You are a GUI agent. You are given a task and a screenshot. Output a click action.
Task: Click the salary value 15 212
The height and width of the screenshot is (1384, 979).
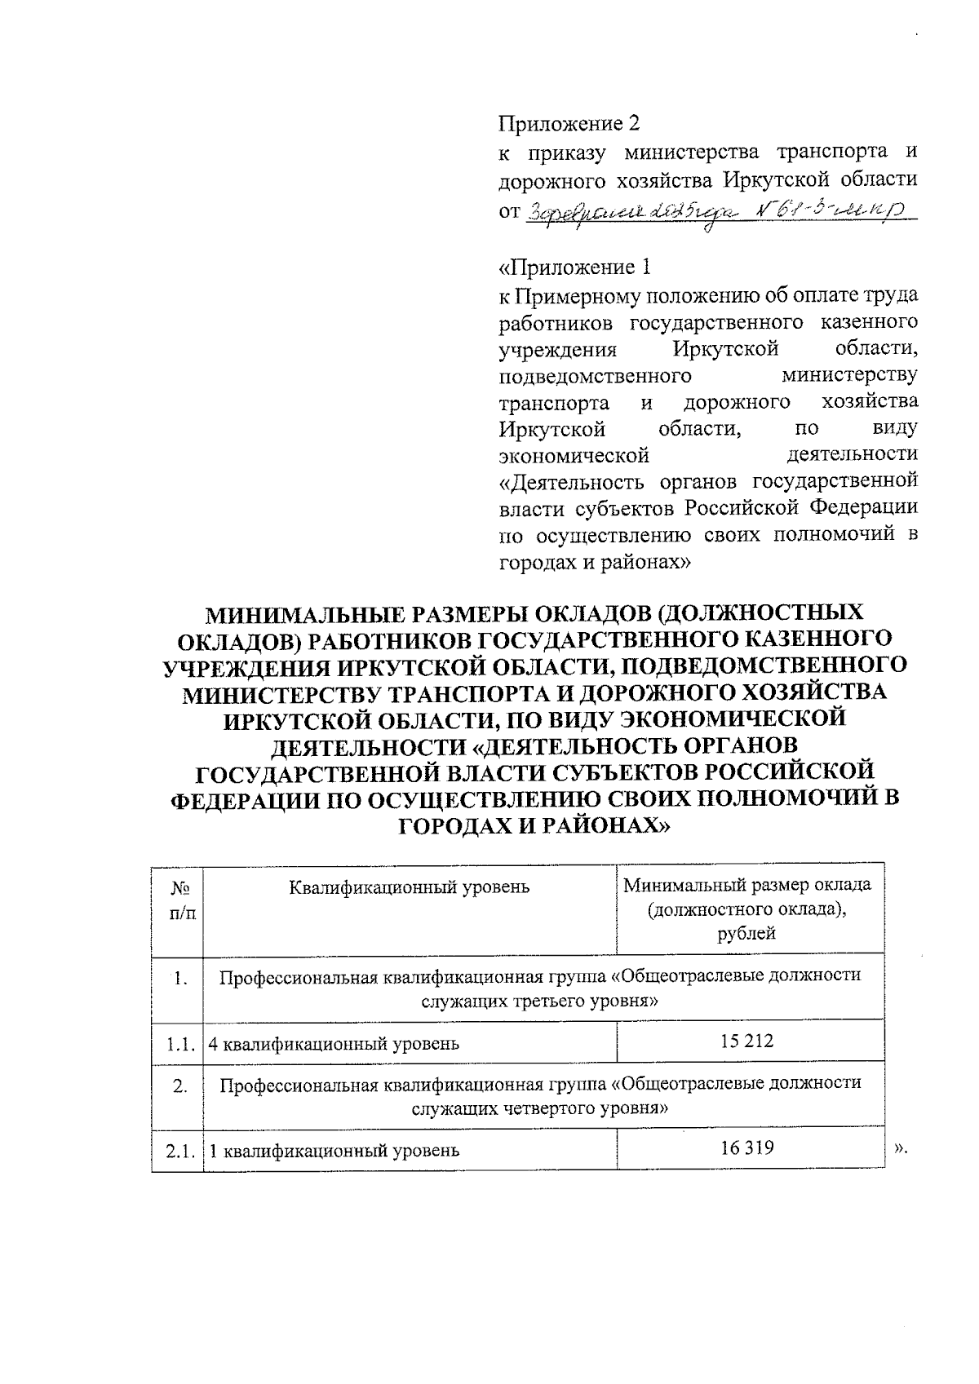coord(746,1041)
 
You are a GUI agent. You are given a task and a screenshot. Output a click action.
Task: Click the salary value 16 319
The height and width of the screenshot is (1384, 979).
coord(746,1148)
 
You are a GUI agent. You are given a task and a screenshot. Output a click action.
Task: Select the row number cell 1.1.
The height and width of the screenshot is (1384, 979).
coord(177,1042)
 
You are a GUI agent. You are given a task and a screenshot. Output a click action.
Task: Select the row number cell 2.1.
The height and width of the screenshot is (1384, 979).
coord(177,1151)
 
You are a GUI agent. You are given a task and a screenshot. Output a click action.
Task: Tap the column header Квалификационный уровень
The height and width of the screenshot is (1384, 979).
coord(410,887)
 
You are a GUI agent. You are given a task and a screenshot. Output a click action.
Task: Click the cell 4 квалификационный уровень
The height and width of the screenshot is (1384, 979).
coord(333,1042)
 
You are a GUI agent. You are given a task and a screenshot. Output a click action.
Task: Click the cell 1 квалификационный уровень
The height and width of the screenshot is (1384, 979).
coord(333,1151)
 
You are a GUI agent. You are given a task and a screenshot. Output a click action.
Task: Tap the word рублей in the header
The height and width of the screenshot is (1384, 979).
coord(746,933)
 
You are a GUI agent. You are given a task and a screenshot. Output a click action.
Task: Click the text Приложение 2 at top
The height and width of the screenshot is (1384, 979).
coord(569,124)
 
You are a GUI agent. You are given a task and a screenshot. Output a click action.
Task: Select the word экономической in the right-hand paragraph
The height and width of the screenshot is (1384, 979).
coord(574,454)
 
